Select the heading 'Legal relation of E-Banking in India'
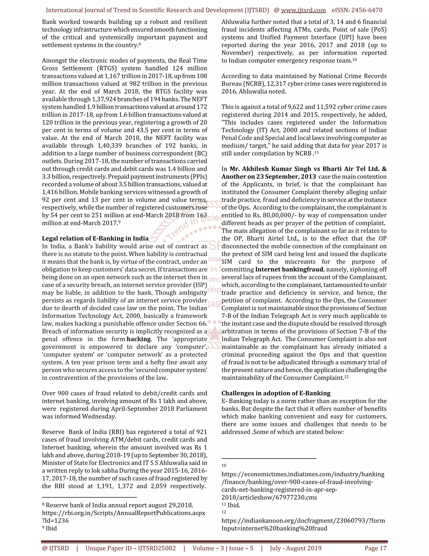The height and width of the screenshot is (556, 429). (x=95, y=239)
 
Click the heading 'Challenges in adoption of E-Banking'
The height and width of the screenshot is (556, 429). (x=276, y=393)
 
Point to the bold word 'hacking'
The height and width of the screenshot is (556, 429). (x=139, y=339)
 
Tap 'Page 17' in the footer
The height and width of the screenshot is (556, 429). (x=375, y=548)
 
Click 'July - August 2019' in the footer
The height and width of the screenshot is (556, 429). (x=296, y=548)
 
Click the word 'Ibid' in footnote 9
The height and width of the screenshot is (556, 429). (x=51, y=528)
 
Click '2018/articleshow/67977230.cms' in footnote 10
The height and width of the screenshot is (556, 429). (x=269, y=497)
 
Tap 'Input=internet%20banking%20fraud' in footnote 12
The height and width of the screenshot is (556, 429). (x=274, y=528)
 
